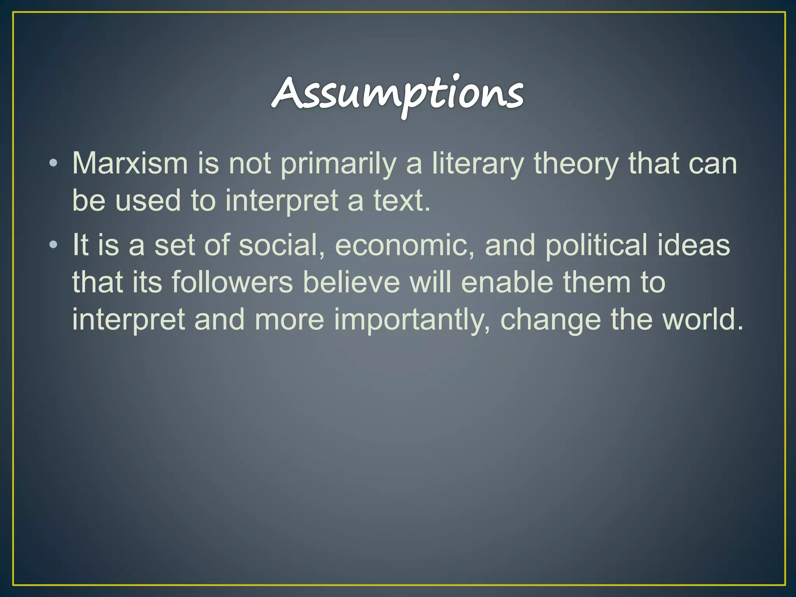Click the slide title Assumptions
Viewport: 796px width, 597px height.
pyautogui.click(x=398, y=93)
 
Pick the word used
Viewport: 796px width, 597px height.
pyautogui.click(x=148, y=201)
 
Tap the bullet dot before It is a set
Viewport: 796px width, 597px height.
pyautogui.click(x=54, y=245)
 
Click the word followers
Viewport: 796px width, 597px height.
pyautogui.click(x=232, y=282)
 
